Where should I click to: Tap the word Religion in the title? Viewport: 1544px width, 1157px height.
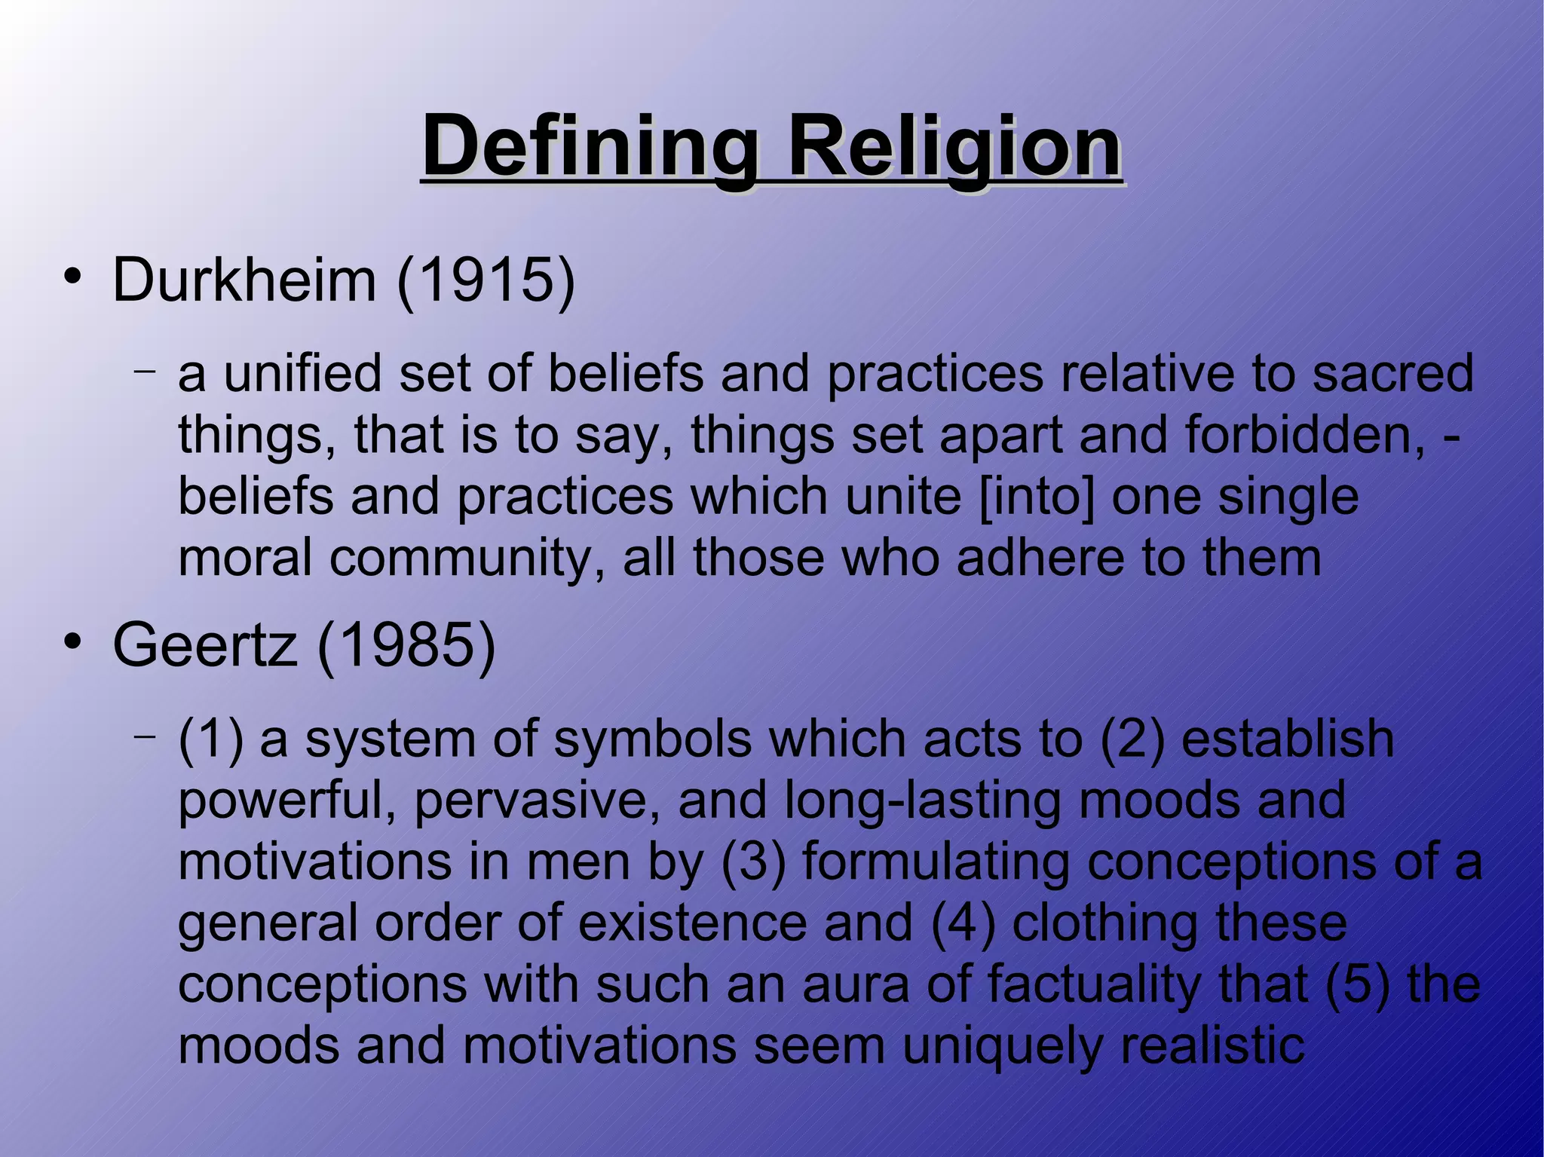[954, 145]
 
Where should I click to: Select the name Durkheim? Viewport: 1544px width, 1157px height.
[244, 280]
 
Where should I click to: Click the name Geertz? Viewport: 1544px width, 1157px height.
[204, 645]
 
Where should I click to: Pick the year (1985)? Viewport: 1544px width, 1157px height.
[406, 645]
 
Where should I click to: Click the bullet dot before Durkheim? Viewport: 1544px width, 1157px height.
[72, 277]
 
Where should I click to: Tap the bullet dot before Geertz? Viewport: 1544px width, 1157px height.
[72, 641]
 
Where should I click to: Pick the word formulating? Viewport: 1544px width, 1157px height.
[936, 862]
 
